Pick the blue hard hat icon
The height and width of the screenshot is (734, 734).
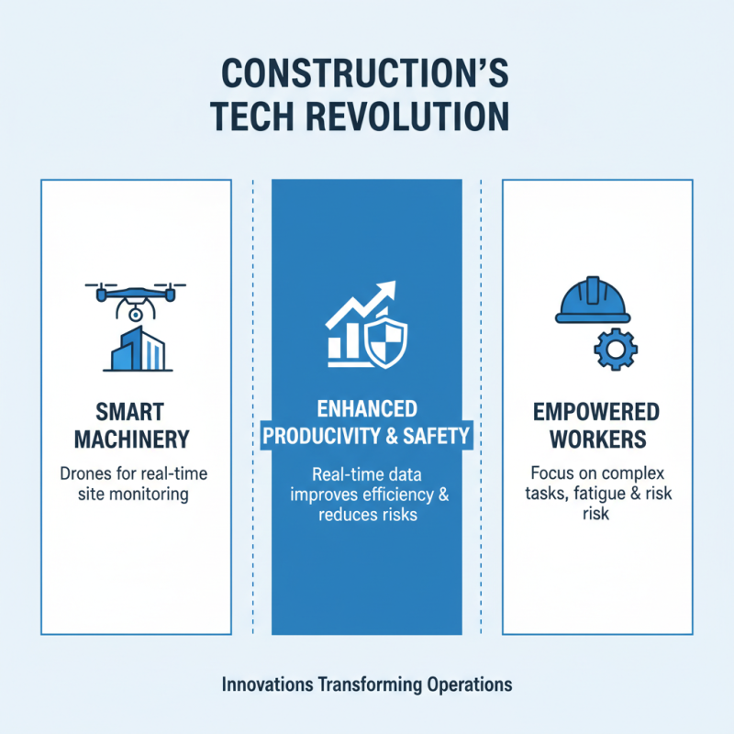pyautogui.click(x=593, y=302)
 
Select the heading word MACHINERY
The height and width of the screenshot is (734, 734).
pyautogui.click(x=136, y=440)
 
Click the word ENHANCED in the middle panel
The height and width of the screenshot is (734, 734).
pyautogui.click(x=366, y=408)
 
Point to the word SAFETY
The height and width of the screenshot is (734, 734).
pyautogui.click(x=437, y=437)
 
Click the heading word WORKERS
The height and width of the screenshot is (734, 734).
pyautogui.click(x=597, y=440)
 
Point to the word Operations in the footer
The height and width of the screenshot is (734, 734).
pyautogui.click(x=469, y=684)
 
